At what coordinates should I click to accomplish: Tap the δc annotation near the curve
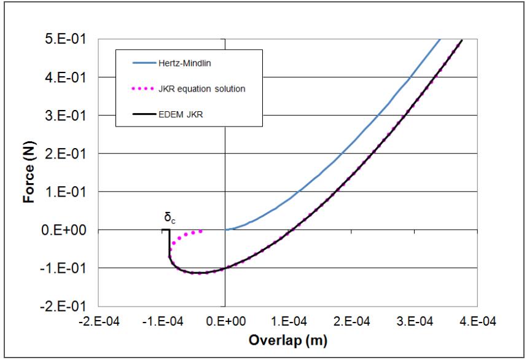pyautogui.click(x=168, y=217)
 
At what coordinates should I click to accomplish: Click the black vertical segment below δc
pyautogui.click(x=170, y=243)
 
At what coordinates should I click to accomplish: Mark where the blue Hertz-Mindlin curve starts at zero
pyautogui.click(x=225, y=230)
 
